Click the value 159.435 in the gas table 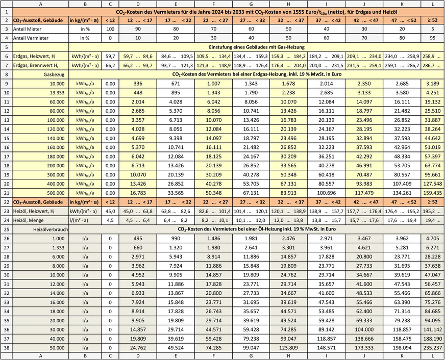pyautogui.click(x=433, y=193)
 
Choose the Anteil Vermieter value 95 pyautogui.click(x=433, y=37)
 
